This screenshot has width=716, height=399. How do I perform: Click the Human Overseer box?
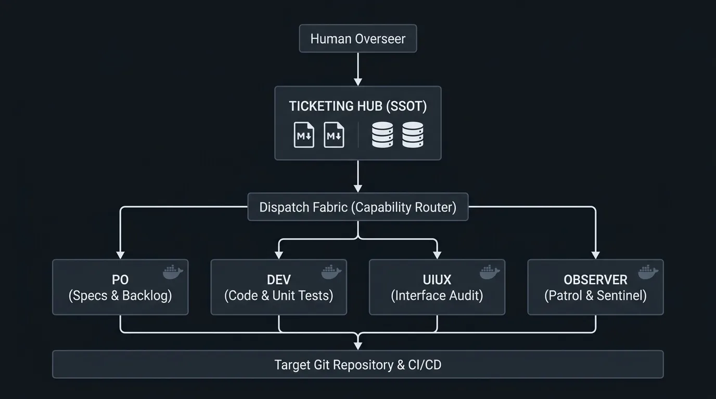tap(358, 38)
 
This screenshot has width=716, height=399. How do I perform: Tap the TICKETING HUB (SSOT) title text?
tap(358, 107)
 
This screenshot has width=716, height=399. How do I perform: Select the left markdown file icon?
tap(304, 135)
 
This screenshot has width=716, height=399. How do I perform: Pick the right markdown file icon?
tap(334, 135)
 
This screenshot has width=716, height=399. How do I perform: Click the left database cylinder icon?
tap(382, 135)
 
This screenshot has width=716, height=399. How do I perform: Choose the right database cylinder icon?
tap(413, 135)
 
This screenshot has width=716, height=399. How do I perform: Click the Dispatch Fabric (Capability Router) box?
tap(358, 207)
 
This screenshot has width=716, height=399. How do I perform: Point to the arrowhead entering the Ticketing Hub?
tap(358, 82)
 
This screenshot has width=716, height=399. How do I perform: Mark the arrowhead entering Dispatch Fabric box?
tap(358, 188)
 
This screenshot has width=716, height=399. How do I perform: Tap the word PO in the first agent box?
tap(120, 280)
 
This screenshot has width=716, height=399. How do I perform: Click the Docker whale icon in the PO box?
tap(173, 272)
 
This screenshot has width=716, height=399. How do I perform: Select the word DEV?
tap(279, 280)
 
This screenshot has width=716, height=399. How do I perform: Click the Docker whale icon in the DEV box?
tap(331, 272)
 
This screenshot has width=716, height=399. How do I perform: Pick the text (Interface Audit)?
tap(437, 296)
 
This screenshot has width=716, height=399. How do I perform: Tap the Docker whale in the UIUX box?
tap(490, 272)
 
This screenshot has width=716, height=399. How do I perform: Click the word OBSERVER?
tap(595, 280)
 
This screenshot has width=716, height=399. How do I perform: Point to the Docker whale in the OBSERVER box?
tap(648, 272)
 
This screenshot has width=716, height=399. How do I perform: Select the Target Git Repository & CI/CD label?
tap(358, 365)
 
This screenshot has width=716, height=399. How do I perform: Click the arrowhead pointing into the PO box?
tap(120, 255)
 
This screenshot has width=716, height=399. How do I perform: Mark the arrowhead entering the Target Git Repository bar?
tap(358, 346)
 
